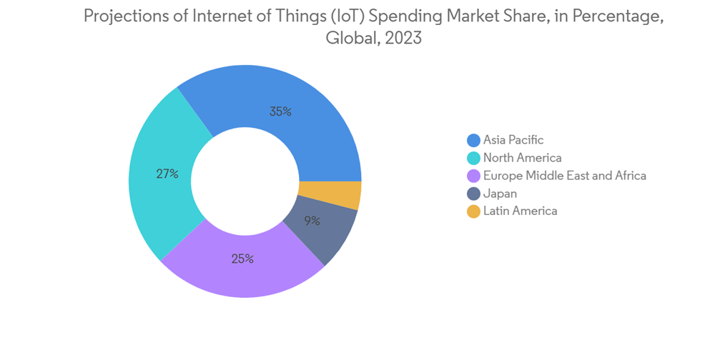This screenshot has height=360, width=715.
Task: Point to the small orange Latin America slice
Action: click(x=330, y=194)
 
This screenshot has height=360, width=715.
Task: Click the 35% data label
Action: click(x=280, y=111)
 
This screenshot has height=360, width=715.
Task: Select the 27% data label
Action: click(x=167, y=174)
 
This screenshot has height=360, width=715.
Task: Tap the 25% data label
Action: click(x=242, y=259)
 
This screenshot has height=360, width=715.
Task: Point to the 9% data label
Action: click(x=312, y=221)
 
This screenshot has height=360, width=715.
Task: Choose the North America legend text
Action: click(x=522, y=158)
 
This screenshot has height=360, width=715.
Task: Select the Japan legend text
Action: click(x=500, y=194)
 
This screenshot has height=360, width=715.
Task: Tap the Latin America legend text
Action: click(x=520, y=211)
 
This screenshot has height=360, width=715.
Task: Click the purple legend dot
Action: click(x=473, y=176)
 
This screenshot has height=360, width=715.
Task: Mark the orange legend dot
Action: click(x=473, y=211)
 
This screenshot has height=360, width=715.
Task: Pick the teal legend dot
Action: click(x=473, y=158)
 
